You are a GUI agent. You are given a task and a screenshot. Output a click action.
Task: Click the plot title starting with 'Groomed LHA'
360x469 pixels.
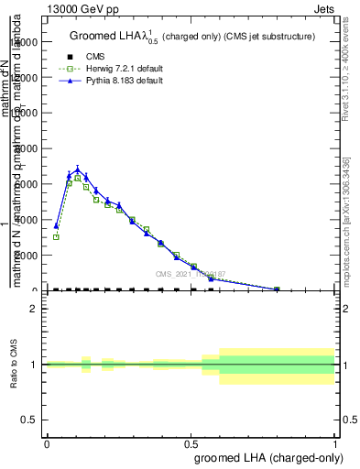(193, 37)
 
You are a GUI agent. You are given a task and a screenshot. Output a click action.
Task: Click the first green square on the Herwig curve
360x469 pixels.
(56, 236)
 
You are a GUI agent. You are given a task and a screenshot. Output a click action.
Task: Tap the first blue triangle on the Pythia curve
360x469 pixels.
(56, 225)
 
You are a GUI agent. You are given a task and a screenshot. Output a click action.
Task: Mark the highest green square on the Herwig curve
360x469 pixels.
(78, 179)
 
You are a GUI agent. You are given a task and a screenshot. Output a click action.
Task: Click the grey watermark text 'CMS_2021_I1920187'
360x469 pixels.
(191, 274)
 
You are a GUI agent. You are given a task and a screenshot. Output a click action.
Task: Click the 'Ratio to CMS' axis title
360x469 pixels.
(16, 364)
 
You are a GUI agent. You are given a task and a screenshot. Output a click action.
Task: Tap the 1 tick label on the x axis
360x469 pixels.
(335, 442)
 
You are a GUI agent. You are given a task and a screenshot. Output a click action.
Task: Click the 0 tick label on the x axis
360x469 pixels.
(47, 442)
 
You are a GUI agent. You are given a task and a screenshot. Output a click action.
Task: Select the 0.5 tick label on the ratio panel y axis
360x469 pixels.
(29, 420)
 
